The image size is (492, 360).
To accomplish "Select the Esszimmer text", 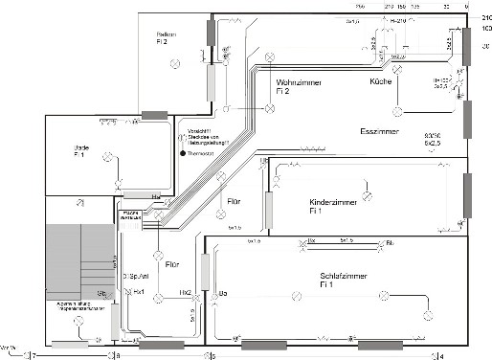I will tap(379, 130).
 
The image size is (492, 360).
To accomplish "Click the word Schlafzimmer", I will tap(347, 275).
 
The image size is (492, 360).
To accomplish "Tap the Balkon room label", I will tap(168, 34).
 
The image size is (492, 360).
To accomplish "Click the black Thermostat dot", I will tap(181, 152).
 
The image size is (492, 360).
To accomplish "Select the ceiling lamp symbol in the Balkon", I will tap(174, 66).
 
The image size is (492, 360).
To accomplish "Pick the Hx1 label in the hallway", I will tap(140, 291).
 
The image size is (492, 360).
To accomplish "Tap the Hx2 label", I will tap(185, 292).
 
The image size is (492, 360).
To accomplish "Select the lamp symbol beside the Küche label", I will tap(395, 68).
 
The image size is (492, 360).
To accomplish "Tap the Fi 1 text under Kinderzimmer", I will tap(314, 212).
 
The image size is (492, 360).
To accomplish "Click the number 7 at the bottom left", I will tap(34, 355).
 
